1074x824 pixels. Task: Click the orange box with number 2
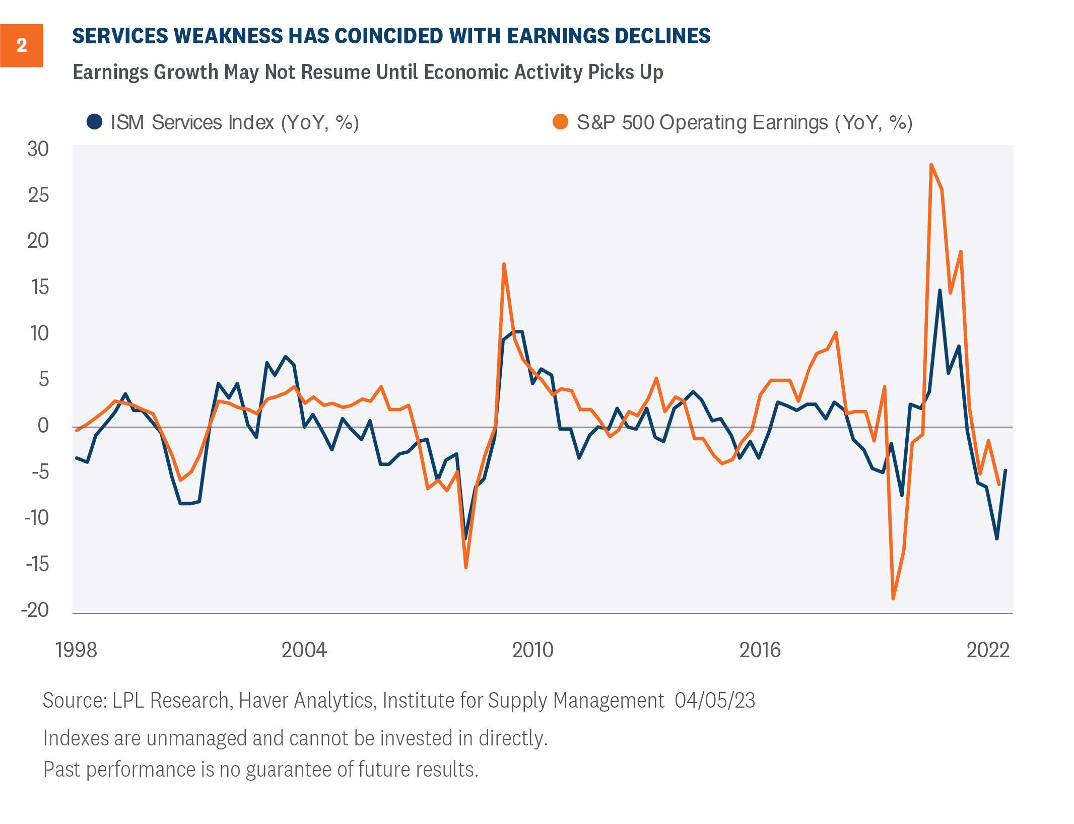(x=22, y=45)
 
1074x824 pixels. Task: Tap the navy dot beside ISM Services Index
(x=94, y=122)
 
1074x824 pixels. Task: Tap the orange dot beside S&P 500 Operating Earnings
(x=560, y=122)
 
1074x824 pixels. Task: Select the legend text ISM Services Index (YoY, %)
(x=234, y=122)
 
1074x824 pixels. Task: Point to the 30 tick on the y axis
(x=38, y=149)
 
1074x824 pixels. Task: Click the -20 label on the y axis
(x=35, y=610)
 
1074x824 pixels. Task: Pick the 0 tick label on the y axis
(x=43, y=426)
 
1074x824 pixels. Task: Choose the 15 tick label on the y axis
(x=39, y=287)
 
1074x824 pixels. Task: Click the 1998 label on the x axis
(x=76, y=650)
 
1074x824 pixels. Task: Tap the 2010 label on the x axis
(x=532, y=650)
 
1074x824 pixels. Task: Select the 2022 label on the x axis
(x=988, y=650)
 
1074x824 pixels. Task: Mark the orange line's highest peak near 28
(x=931, y=165)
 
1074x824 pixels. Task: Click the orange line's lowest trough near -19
(x=893, y=599)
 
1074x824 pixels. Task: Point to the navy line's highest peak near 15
(x=939, y=291)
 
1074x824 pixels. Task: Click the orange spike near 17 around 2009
(x=504, y=264)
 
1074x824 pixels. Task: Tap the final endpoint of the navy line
(x=1005, y=470)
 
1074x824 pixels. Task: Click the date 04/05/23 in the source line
(x=715, y=701)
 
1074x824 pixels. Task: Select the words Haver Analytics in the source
(x=305, y=701)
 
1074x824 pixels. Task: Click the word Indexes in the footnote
(x=76, y=738)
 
